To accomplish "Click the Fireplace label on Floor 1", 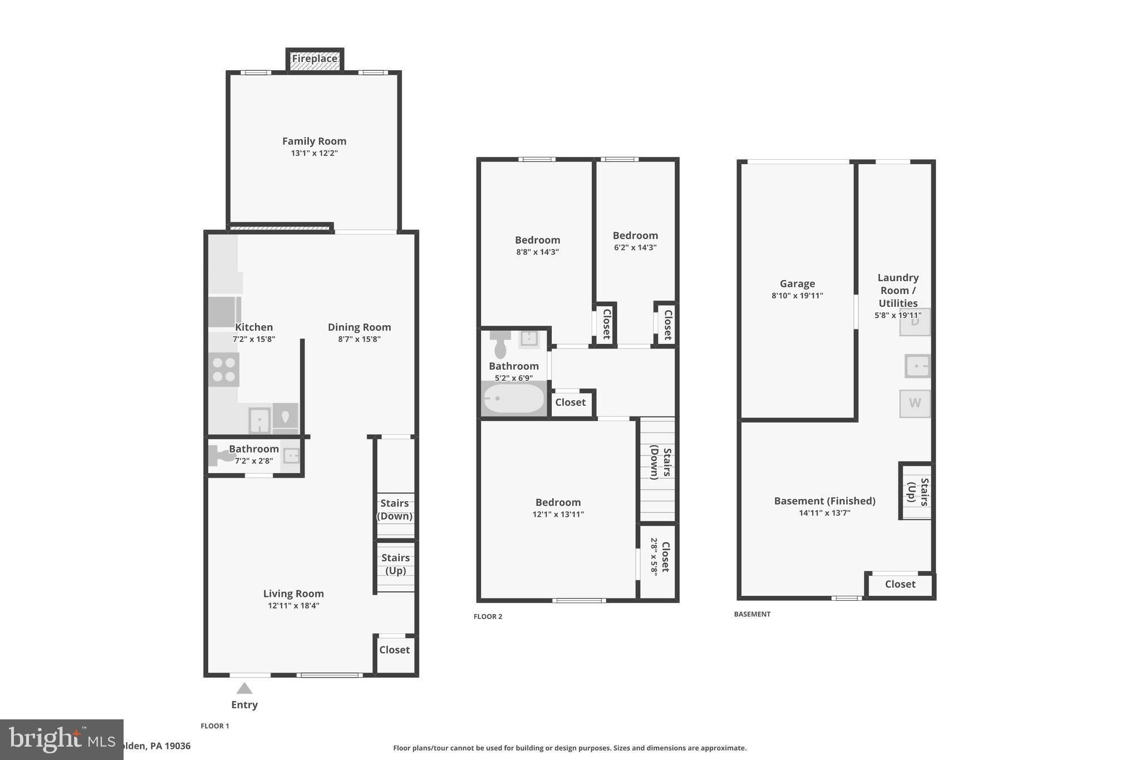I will coord(315,59).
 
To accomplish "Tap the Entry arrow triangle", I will coord(244,689).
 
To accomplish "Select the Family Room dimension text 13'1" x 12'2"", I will coord(314,153).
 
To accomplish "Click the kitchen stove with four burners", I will coord(224,370).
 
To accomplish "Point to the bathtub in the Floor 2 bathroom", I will coord(513,399).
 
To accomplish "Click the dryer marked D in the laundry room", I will coord(915,322).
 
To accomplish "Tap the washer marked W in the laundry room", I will coord(915,403).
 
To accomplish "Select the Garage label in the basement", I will coord(797,284).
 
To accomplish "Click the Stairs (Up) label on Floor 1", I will coord(395,564).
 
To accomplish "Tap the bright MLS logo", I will coord(61,739).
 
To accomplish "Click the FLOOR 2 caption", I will coord(488,616).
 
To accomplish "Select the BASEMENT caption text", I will coord(752,614).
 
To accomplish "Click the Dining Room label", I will coord(359,327).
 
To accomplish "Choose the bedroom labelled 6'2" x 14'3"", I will coord(635,241).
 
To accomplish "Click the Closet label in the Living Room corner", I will coord(394,650).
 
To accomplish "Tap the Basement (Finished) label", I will coord(824,501).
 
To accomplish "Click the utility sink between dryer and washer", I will coord(917,366).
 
